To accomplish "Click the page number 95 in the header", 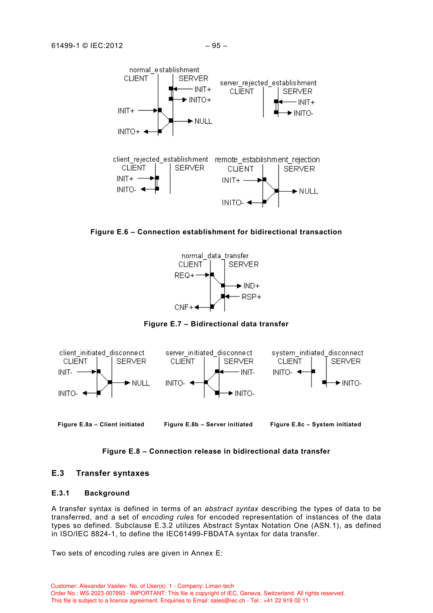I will tap(216, 46).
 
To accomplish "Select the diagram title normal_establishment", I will tap(164, 70).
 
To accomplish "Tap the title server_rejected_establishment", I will tap(268, 83).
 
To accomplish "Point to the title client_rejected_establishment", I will tap(160, 159).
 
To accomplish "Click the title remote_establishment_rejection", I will tap(267, 160).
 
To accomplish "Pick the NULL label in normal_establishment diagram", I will tap(203, 122).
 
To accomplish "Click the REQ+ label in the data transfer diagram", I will tap(184, 275).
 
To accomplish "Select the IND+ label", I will tap(251, 286).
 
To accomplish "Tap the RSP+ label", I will tap(251, 297).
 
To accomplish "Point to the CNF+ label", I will tap(184, 307).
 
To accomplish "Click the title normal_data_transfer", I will tap(215, 256).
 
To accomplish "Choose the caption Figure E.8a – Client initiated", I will tap(101, 425).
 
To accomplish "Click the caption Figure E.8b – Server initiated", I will tap(208, 425).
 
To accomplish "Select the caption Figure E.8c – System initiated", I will tap(316, 425).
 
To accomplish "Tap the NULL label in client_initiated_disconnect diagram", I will tap(141, 383).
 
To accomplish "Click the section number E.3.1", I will tap(60, 493).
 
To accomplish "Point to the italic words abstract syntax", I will tap(231, 509).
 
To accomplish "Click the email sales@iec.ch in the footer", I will tap(228, 601).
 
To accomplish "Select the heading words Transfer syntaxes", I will tap(113, 473).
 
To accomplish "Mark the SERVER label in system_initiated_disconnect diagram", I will tap(346, 362).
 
